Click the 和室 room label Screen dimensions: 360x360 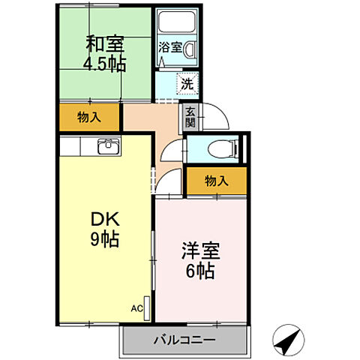(x=104, y=44)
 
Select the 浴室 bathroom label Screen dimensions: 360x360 (x=169, y=47)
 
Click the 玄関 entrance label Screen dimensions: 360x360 (x=190, y=117)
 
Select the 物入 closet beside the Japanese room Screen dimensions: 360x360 (x=89, y=116)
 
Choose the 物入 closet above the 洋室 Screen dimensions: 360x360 (x=216, y=181)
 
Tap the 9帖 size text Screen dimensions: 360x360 (x=103, y=241)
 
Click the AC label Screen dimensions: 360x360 (x=136, y=307)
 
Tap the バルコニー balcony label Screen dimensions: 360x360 (x=184, y=340)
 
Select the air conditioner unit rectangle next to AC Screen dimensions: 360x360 (x=148, y=308)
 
